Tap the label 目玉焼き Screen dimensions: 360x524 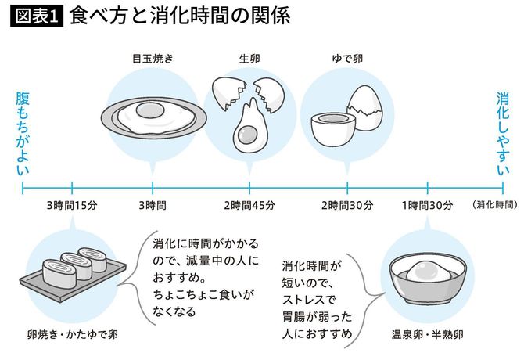coord(152,57)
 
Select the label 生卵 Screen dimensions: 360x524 coord(249,57)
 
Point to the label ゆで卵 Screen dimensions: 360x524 coord(346,57)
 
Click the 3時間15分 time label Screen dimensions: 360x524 coord(71,206)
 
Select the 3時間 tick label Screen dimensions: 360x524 coord(152,206)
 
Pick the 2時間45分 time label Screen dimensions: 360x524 coord(249,206)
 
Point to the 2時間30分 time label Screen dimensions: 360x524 coord(346,206)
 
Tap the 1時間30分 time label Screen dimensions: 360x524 coord(427,206)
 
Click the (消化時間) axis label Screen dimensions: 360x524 coord(494,205)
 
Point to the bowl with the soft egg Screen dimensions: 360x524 coord(426,281)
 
